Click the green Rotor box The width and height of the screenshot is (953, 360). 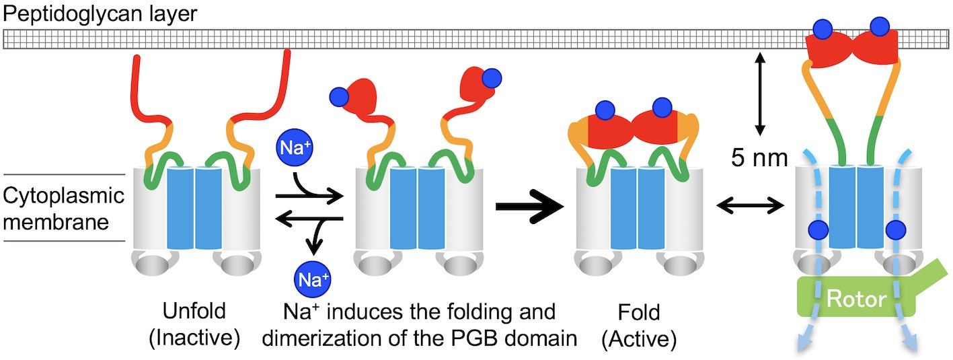pyautogui.click(x=855, y=297)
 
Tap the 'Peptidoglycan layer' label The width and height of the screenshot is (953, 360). pyautogui.click(x=100, y=14)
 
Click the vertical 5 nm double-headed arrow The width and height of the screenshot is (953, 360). pyautogui.click(x=759, y=95)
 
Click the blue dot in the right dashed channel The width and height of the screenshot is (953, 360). pyautogui.click(x=897, y=230)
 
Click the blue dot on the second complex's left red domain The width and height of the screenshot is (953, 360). pyautogui.click(x=340, y=98)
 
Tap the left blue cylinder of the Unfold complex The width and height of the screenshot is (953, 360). pyautogui.click(x=180, y=208)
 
